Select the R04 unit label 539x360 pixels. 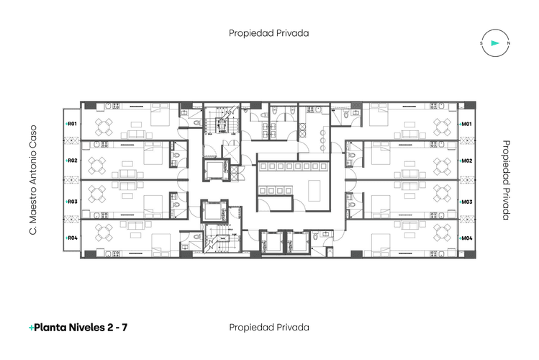72,238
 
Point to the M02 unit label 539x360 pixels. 466,161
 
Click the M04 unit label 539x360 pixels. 466,238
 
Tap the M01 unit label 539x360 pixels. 466,125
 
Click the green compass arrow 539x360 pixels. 494,44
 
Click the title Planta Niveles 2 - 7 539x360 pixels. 79,328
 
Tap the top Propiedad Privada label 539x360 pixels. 268,33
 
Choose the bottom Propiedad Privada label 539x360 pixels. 268,328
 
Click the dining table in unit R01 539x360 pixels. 105,127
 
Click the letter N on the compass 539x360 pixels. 509,44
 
